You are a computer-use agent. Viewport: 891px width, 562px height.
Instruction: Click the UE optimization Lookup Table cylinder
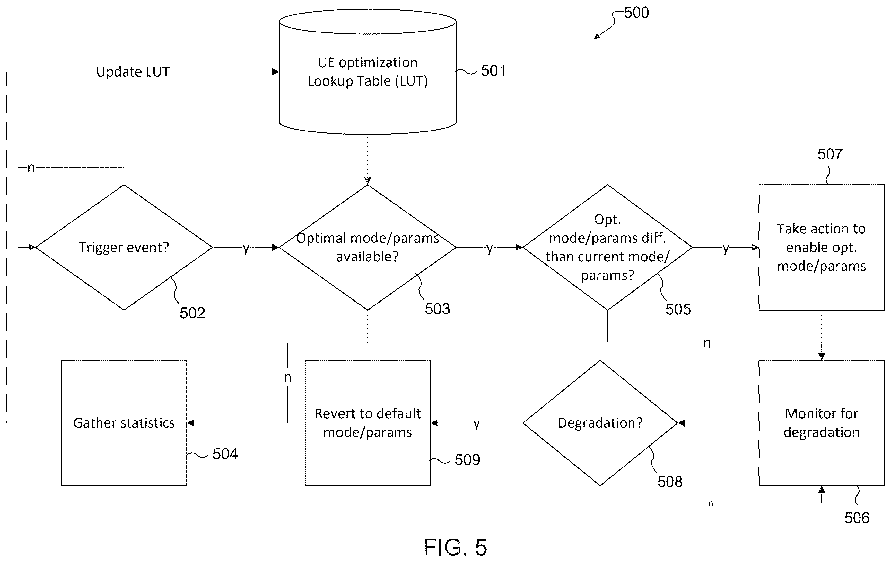tap(367, 72)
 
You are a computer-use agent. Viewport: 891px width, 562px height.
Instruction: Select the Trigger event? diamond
tap(124, 247)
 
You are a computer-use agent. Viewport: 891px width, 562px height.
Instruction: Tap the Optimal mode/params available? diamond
tap(367, 247)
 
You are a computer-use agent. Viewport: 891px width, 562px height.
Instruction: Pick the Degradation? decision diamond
tap(600, 423)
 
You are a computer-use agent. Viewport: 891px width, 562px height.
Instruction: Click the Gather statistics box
tap(124, 423)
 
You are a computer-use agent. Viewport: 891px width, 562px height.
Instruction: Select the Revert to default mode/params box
tap(367, 423)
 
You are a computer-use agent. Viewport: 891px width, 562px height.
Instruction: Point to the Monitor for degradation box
tap(821, 423)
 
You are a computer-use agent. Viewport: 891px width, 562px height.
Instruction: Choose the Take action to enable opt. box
tap(821, 247)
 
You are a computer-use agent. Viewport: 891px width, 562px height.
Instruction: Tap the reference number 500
tap(636, 13)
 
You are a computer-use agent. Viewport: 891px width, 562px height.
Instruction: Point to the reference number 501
tap(493, 71)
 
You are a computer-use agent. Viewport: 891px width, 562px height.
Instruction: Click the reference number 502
tap(192, 313)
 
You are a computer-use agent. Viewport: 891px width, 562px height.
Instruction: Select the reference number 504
tap(225, 454)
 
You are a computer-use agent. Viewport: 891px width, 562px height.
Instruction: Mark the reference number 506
tap(857, 518)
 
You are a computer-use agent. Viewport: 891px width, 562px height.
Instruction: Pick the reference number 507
tap(830, 154)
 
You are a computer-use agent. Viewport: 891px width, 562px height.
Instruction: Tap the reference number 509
tap(467, 460)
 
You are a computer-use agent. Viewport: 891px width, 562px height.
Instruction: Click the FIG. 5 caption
tap(455, 547)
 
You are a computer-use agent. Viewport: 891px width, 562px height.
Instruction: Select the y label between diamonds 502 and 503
tap(246, 248)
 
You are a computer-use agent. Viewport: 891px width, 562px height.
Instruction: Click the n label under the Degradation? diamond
tap(711, 503)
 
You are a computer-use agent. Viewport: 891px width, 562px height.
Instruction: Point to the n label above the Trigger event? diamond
tap(31, 168)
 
